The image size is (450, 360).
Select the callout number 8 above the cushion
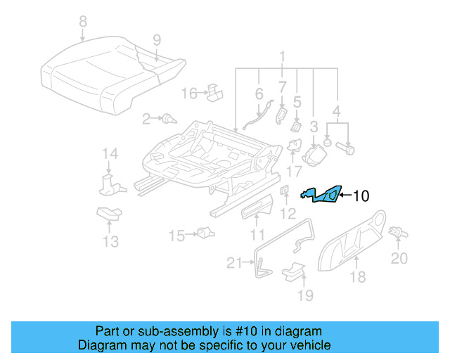pyautogui.click(x=83, y=21)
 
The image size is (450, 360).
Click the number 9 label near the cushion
pyautogui.click(x=156, y=39)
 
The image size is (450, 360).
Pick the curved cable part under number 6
pyautogui.click(x=256, y=117)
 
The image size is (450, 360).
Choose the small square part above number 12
pyautogui.click(x=285, y=191)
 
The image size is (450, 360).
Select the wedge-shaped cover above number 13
pyautogui.click(x=108, y=214)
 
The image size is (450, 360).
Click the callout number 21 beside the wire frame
pyautogui.click(x=233, y=263)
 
